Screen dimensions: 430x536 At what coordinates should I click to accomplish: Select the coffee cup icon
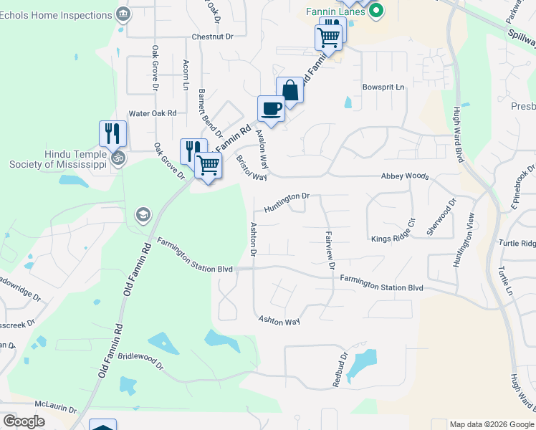click(272, 108)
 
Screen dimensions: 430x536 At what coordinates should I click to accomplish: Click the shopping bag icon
click(289, 90)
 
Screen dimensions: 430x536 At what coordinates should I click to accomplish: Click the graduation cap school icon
click(143, 214)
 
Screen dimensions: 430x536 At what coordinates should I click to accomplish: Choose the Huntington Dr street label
click(286, 201)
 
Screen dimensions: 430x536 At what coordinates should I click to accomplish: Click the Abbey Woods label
click(405, 176)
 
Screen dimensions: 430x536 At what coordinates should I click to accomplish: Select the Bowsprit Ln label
click(383, 87)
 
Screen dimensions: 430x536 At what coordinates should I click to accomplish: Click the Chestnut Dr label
click(213, 37)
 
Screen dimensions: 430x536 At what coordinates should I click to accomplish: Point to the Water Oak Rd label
click(152, 113)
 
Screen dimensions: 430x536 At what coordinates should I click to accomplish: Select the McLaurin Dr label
click(55, 408)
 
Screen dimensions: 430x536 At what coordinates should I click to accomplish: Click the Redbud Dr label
click(339, 370)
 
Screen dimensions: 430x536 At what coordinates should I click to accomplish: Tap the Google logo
click(24, 421)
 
